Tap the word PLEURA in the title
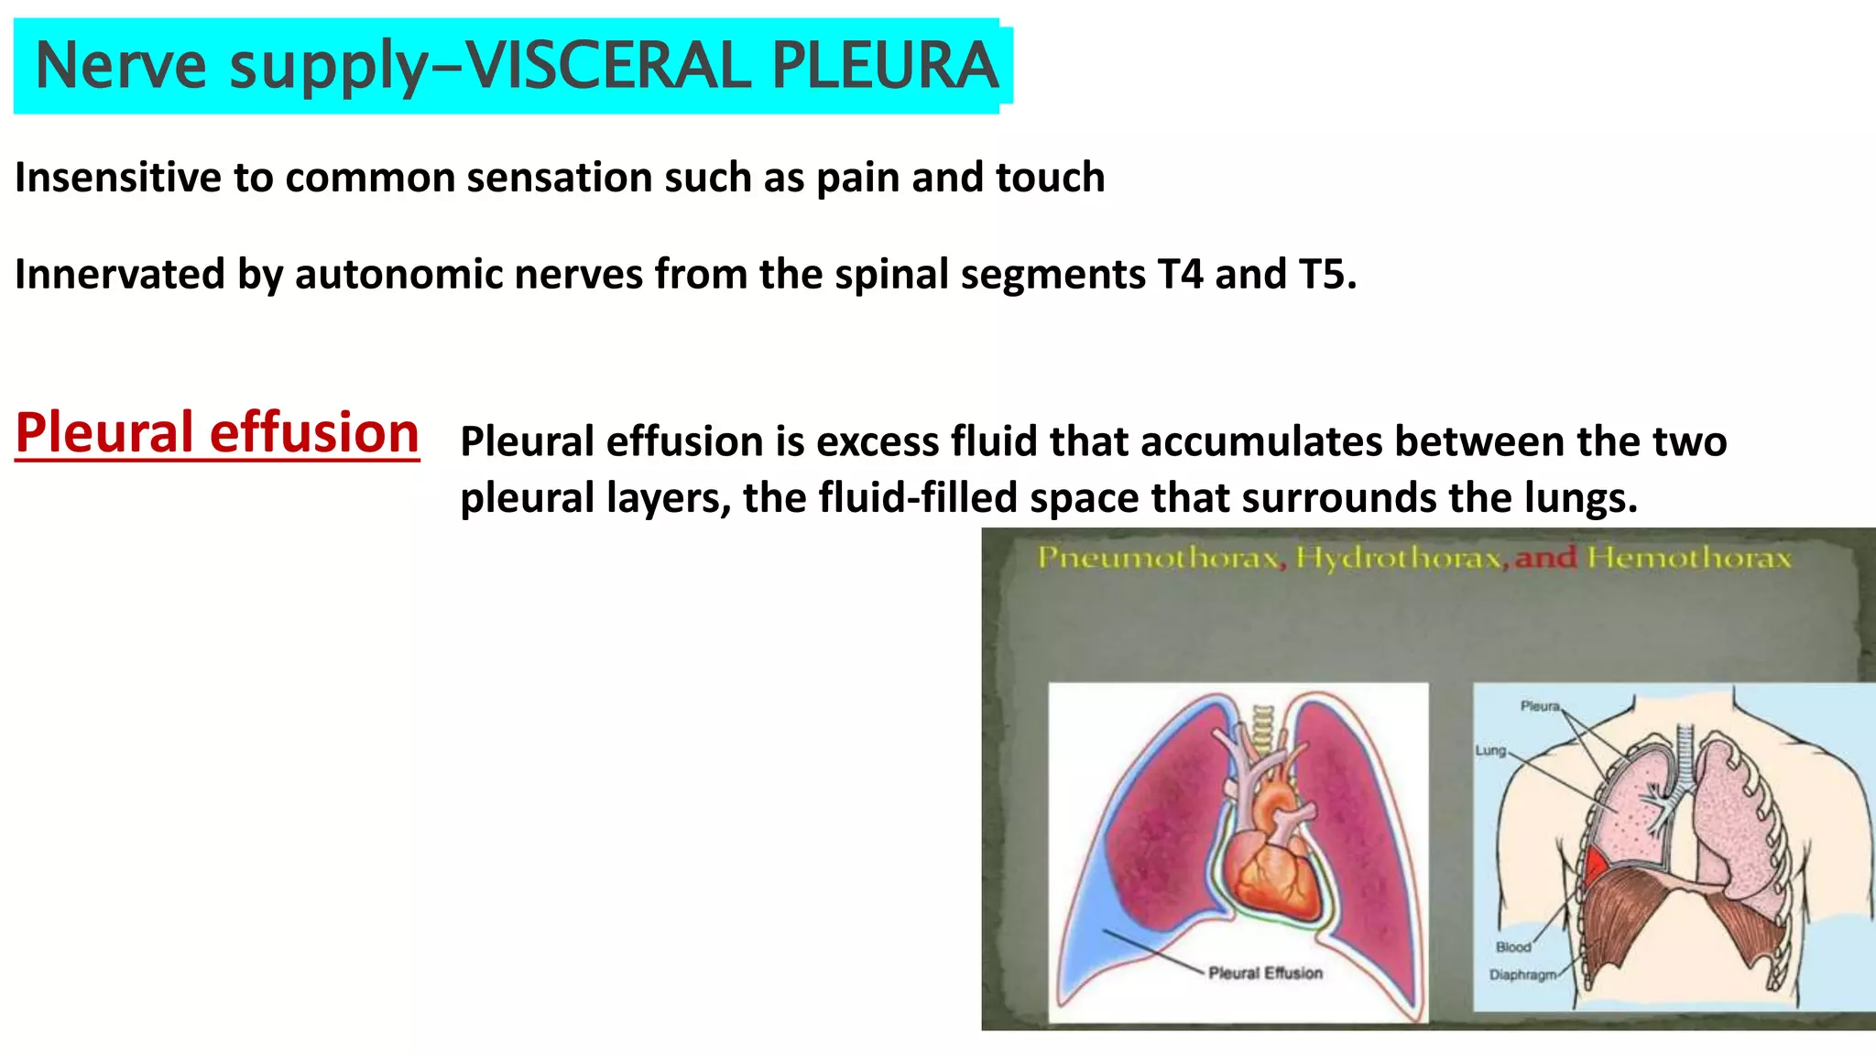pyautogui.click(x=884, y=66)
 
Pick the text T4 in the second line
pyautogui.click(x=1180, y=275)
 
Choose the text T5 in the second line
pyautogui.click(x=1326, y=275)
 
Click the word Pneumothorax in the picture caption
pyautogui.click(x=1158, y=558)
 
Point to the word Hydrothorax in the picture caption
pyautogui.click(x=1400, y=558)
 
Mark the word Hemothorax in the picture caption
pyautogui.click(x=1689, y=558)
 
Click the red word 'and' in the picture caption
pyautogui.click(x=1545, y=558)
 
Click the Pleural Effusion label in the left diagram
pyautogui.click(x=1265, y=973)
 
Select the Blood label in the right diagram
pyautogui.click(x=1513, y=947)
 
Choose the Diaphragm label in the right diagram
pyautogui.click(x=1522, y=974)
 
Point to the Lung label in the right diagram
pyautogui.click(x=1490, y=750)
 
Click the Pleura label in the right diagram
pyautogui.click(x=1540, y=706)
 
